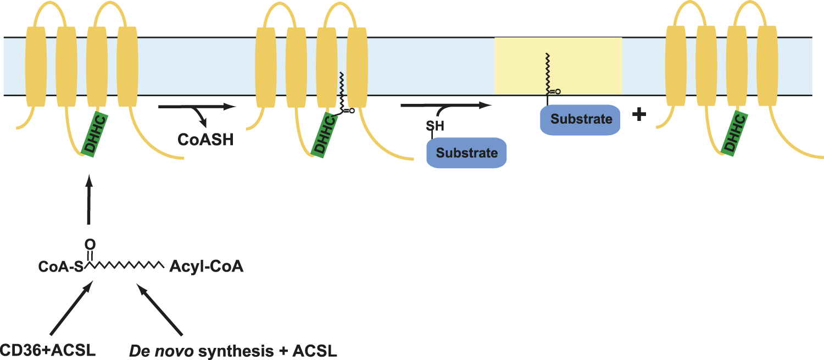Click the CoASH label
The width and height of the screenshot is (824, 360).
pos(205,140)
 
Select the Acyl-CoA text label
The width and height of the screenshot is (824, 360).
pos(206,268)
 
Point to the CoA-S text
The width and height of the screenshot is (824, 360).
pos(60,268)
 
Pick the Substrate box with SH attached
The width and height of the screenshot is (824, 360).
pos(466,152)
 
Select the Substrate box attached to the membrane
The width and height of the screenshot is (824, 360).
pos(581,119)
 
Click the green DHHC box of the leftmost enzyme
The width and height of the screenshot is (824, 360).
pos(94,135)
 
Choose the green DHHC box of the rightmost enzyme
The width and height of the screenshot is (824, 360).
pos(735,135)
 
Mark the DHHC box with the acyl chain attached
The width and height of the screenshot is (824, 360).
pos(324,135)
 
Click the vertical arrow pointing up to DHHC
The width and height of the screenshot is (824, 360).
pos(87,201)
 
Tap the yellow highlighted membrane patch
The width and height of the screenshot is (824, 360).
pos(558,66)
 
